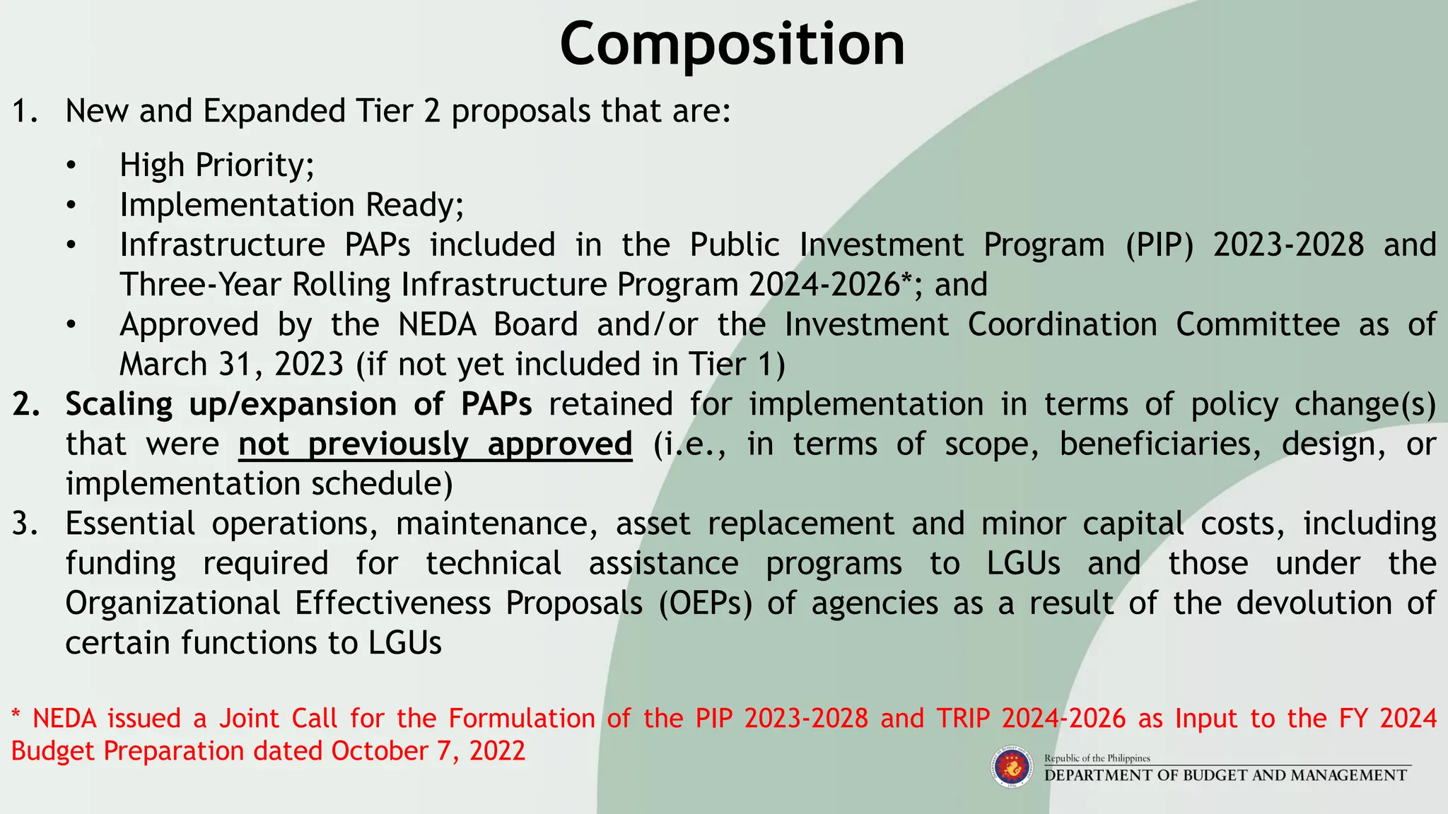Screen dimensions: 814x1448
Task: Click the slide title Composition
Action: tap(732, 44)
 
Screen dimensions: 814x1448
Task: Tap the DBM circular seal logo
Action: tap(1012, 768)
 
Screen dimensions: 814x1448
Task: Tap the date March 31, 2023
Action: tap(231, 365)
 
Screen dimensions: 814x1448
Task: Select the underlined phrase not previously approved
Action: tap(435, 444)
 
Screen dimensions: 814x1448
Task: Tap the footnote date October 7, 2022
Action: tap(428, 750)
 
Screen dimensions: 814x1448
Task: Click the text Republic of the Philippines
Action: tap(1097, 758)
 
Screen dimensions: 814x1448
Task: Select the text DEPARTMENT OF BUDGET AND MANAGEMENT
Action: tap(1225, 775)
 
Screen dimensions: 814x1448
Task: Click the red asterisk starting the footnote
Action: tap(16, 716)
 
